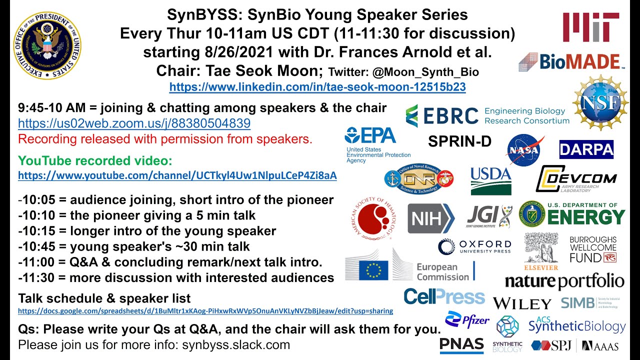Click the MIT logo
(590, 27)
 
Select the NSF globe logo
(600, 102)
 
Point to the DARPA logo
(586, 149)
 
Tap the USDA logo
(490, 180)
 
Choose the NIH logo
(430, 218)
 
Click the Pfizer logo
(467, 320)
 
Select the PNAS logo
(461, 345)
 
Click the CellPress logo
(444, 296)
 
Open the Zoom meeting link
(134, 123)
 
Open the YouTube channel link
(177, 176)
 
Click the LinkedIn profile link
(317, 87)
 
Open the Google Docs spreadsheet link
(205, 311)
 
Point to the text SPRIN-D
(459, 142)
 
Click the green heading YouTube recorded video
(95, 161)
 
